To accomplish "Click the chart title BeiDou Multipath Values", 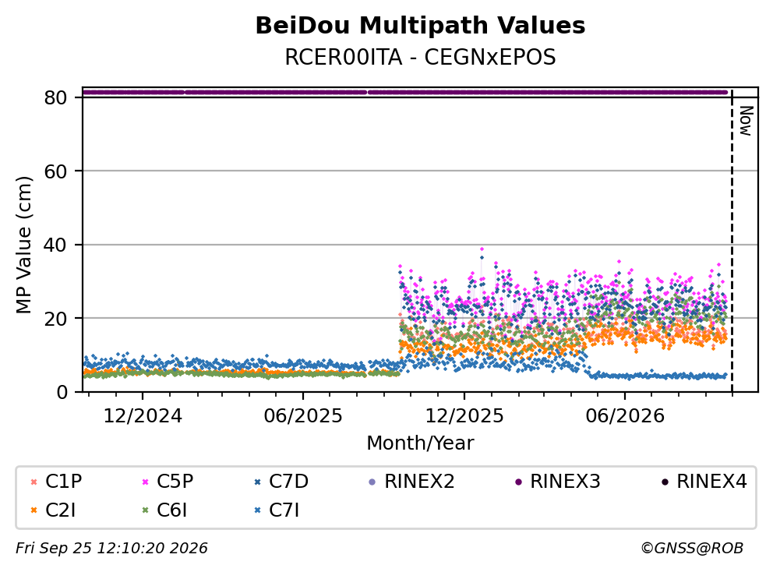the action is pyautogui.click(x=420, y=26).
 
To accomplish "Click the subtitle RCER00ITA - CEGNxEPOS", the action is pyautogui.click(x=420, y=57).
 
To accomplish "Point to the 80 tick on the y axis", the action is pyautogui.click(x=55, y=97).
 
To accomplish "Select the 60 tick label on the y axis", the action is pyautogui.click(x=55, y=171).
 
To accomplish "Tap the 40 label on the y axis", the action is pyautogui.click(x=55, y=245).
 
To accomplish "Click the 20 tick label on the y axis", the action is pyautogui.click(x=55, y=319).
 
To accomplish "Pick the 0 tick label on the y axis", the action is pyautogui.click(x=62, y=392).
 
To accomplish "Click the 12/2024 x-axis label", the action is pyautogui.click(x=143, y=416).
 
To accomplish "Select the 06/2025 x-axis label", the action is pyautogui.click(x=302, y=416).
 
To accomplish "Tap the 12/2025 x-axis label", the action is pyautogui.click(x=464, y=416).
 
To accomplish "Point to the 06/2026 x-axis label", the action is pyautogui.click(x=625, y=416).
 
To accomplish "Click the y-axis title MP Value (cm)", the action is pyautogui.click(x=23, y=245).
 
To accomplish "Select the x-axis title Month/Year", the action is pyautogui.click(x=420, y=443).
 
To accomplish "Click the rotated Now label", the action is pyautogui.click(x=747, y=121).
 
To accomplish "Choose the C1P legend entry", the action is pyautogui.click(x=55, y=482).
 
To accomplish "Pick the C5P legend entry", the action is pyautogui.click(x=168, y=482).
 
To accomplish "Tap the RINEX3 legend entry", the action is pyautogui.click(x=558, y=482).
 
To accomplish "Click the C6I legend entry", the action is pyautogui.click(x=164, y=510).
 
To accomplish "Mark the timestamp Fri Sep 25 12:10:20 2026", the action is pyautogui.click(x=111, y=549).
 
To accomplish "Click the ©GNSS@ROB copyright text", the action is pyautogui.click(x=692, y=549).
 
